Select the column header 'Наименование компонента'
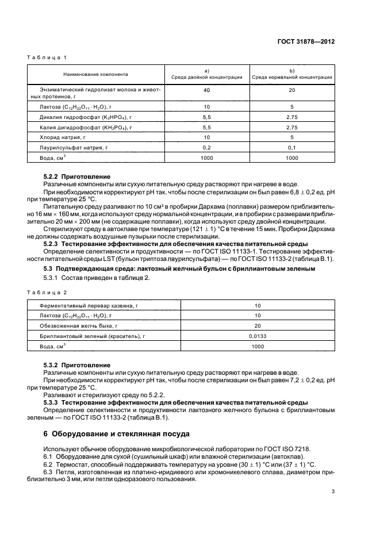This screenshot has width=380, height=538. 96,75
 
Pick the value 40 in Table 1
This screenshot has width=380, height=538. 207,91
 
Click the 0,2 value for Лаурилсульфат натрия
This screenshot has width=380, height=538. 207,147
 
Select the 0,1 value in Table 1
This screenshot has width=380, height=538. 292,147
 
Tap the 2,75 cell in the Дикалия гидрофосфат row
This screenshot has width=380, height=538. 292,117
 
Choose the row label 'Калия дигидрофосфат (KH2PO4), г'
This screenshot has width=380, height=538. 86,127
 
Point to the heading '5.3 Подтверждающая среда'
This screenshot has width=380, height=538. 179,268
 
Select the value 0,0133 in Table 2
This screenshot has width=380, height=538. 256,336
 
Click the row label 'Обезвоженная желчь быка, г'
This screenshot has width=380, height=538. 75,326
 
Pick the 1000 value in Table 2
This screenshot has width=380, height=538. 256,347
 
